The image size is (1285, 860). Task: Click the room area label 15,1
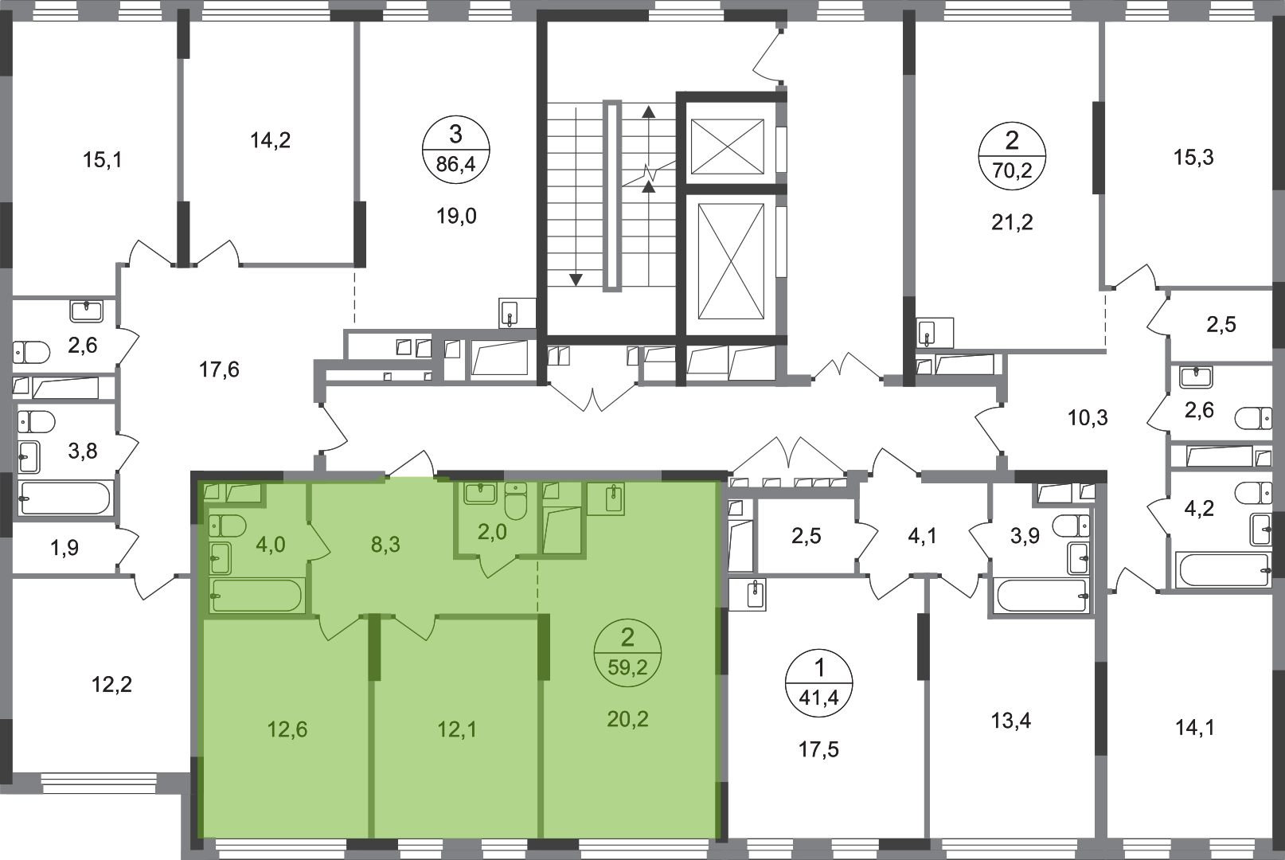point(103,160)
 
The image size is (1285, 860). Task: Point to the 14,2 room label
point(270,140)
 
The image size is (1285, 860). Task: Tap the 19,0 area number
point(456,217)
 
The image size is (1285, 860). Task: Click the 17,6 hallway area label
point(219,370)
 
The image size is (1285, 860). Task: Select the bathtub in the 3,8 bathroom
point(64,498)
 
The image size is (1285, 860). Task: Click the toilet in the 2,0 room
point(516,500)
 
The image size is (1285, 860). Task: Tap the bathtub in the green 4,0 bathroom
point(256,595)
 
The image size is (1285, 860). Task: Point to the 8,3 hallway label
point(385,545)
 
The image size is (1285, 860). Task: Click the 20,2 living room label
point(627,719)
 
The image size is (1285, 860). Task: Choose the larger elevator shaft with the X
point(731,261)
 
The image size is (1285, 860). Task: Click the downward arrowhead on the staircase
point(576,280)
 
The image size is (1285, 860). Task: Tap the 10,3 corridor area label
point(1088,418)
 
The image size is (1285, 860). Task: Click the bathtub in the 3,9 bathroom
point(1043,596)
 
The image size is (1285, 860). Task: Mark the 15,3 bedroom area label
point(1193,157)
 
